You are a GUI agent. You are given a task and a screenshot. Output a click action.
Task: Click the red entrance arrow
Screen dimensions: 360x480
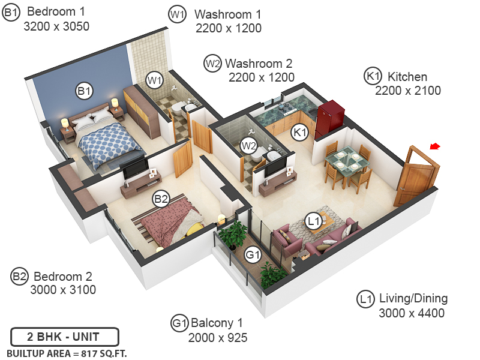pyautogui.click(x=436, y=146)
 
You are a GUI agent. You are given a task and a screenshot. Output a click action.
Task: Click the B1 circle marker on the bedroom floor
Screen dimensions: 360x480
pyautogui.click(x=84, y=91)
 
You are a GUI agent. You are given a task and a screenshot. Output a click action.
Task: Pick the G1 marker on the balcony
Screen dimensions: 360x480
pyautogui.click(x=253, y=254)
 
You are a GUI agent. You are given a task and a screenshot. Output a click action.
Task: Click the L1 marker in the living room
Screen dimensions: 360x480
pyautogui.click(x=313, y=221)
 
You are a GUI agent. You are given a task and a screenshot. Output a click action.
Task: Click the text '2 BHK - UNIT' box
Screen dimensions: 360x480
pyautogui.click(x=64, y=336)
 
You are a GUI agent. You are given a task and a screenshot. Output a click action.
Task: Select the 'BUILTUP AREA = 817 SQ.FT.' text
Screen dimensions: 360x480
pyautogui.click(x=67, y=353)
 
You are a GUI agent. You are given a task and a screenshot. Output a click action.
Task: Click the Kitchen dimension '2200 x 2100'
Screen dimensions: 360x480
pyautogui.click(x=408, y=91)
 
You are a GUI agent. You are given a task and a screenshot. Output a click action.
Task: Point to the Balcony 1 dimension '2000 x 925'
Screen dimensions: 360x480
pyautogui.click(x=218, y=338)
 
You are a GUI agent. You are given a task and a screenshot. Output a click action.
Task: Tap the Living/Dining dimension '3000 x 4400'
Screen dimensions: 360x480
pyautogui.click(x=412, y=313)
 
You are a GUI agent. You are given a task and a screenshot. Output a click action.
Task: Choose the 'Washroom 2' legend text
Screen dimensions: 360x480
pyautogui.click(x=259, y=63)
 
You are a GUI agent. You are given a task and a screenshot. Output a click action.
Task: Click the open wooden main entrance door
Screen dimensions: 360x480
pyautogui.click(x=416, y=177)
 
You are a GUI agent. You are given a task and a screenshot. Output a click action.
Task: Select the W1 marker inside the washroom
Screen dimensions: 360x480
pyautogui.click(x=155, y=79)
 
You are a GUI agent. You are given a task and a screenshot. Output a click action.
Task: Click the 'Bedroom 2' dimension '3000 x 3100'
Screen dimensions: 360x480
pyautogui.click(x=63, y=290)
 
